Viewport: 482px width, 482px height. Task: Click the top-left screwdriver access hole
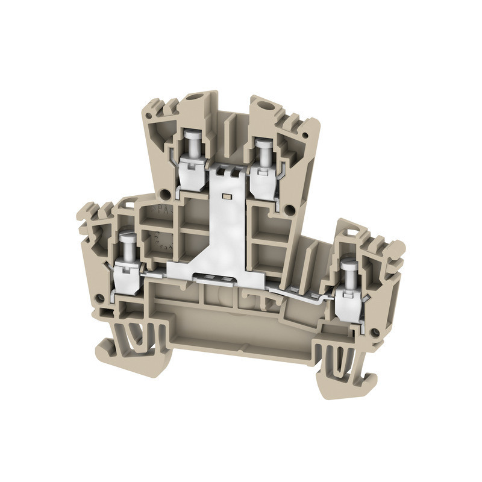pos(194,98)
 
